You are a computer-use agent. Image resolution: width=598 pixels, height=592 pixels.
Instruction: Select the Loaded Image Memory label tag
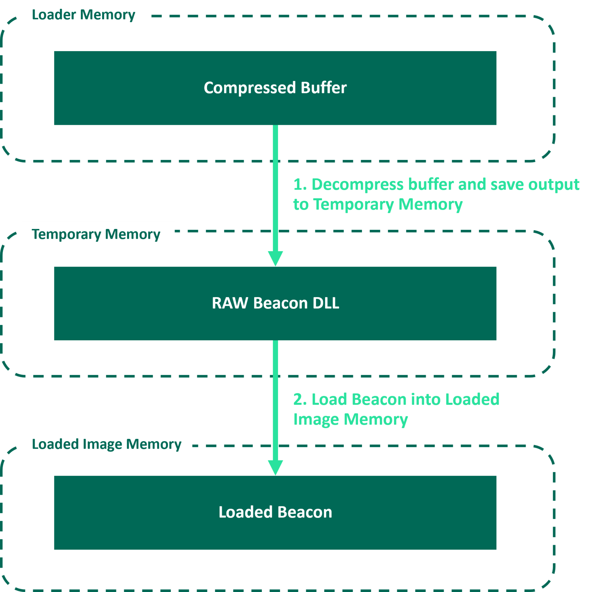pos(107,444)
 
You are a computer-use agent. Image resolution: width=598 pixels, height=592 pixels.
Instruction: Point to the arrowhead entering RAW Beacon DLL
pos(275,258)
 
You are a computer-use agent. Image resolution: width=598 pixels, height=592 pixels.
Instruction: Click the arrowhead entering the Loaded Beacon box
pos(275,467)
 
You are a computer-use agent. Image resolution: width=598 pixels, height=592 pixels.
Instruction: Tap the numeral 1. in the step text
pos(300,184)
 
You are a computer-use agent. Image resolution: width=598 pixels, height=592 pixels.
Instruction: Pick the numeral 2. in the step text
pos(300,399)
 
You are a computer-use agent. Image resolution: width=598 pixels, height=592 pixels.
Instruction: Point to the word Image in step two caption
pos(316,420)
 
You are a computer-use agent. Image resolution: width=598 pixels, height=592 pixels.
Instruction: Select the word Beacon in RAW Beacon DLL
pos(280,303)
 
